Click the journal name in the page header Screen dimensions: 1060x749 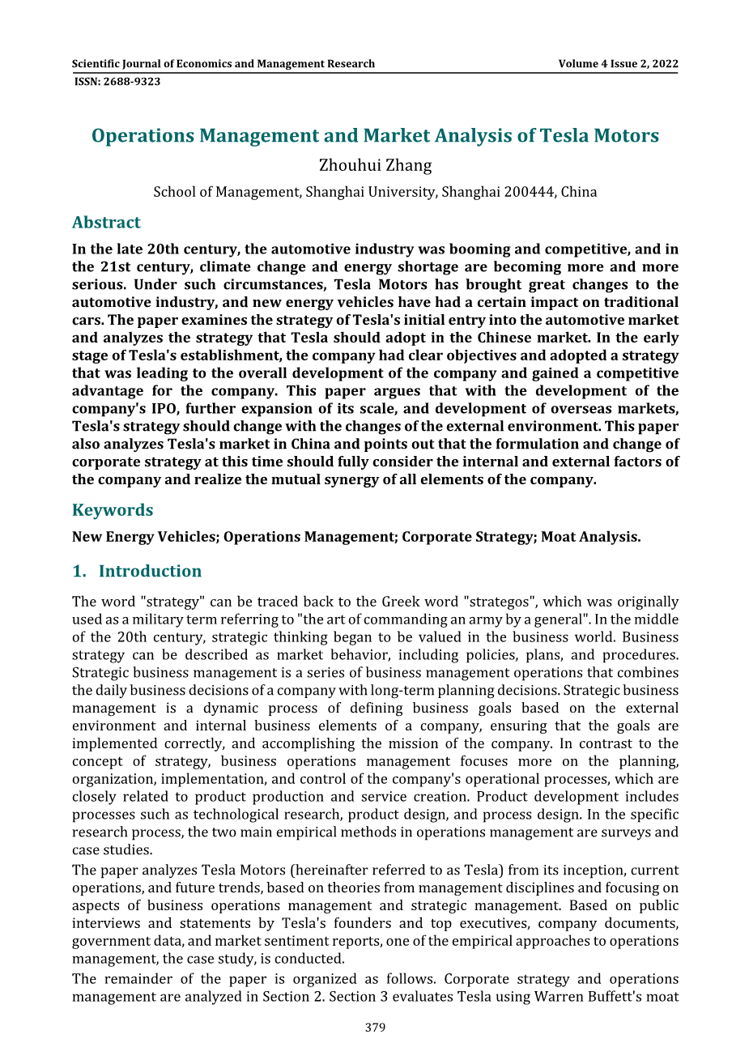tap(223, 64)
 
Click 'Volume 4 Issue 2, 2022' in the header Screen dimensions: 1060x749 tap(618, 64)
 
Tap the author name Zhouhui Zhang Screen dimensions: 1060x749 tap(375, 165)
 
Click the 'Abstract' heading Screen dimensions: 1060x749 tap(106, 222)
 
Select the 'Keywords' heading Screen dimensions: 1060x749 tap(113, 509)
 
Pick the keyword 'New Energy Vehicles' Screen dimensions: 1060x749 tap(145, 536)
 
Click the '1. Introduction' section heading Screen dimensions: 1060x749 tap(137, 571)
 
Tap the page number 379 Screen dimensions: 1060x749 tap(375, 1028)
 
